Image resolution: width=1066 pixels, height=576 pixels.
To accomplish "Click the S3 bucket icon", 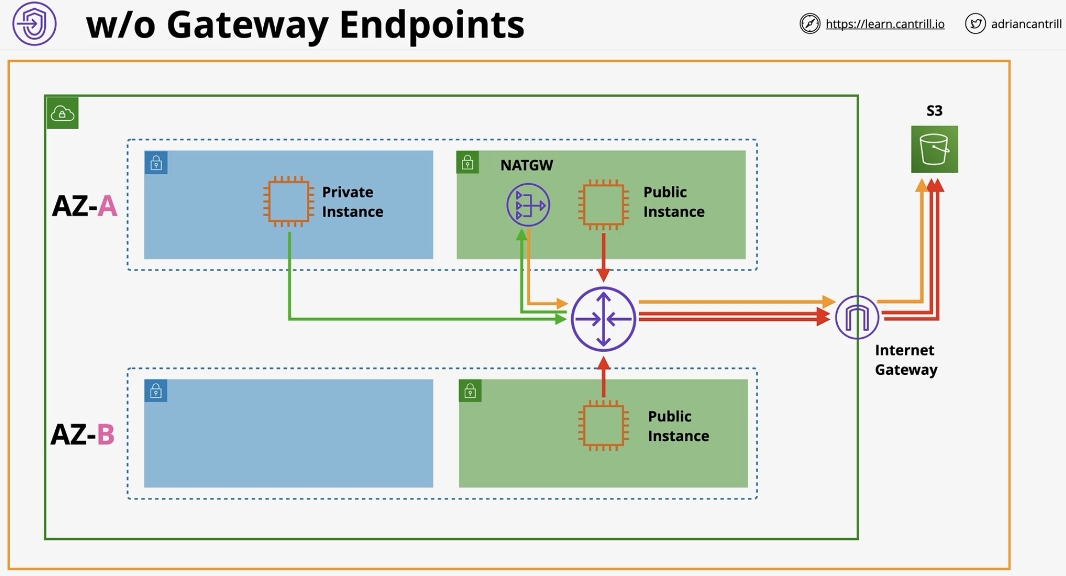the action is coord(934,149).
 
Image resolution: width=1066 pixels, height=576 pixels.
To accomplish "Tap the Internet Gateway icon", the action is coord(857,318).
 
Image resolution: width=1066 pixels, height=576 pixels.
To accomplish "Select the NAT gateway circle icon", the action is coord(528,205).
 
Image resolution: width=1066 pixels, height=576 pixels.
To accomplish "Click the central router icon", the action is coord(603,319).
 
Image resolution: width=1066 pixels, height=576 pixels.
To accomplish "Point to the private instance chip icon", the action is coord(289,201).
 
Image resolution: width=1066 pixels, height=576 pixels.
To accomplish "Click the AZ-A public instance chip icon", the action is coord(603,205).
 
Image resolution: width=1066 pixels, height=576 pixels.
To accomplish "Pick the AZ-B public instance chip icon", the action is coord(603,425).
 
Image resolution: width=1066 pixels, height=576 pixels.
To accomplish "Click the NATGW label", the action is coord(526,165).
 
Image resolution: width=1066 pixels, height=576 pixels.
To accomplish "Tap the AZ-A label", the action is coord(85,207).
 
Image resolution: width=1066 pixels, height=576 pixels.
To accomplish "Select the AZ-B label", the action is coord(83,435).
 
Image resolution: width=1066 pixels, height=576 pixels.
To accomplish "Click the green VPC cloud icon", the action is coord(62,113).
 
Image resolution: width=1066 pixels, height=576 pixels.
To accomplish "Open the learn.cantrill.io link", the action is coord(885,24).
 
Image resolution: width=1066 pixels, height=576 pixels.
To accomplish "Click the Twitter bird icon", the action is coord(975,23).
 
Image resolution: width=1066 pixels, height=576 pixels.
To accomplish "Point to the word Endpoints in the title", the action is coord(432,25).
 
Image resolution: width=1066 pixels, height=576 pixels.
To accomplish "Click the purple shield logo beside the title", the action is coord(34,23).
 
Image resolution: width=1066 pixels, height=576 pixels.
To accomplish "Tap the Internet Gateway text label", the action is coord(906,360).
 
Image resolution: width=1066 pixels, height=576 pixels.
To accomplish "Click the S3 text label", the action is coord(934,111).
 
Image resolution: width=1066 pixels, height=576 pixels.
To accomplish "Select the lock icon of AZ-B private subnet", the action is coord(156,391).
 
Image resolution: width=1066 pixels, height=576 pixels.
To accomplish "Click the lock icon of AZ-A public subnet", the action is coord(467,162).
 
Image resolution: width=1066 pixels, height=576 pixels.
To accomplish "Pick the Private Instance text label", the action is coord(353,202).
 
